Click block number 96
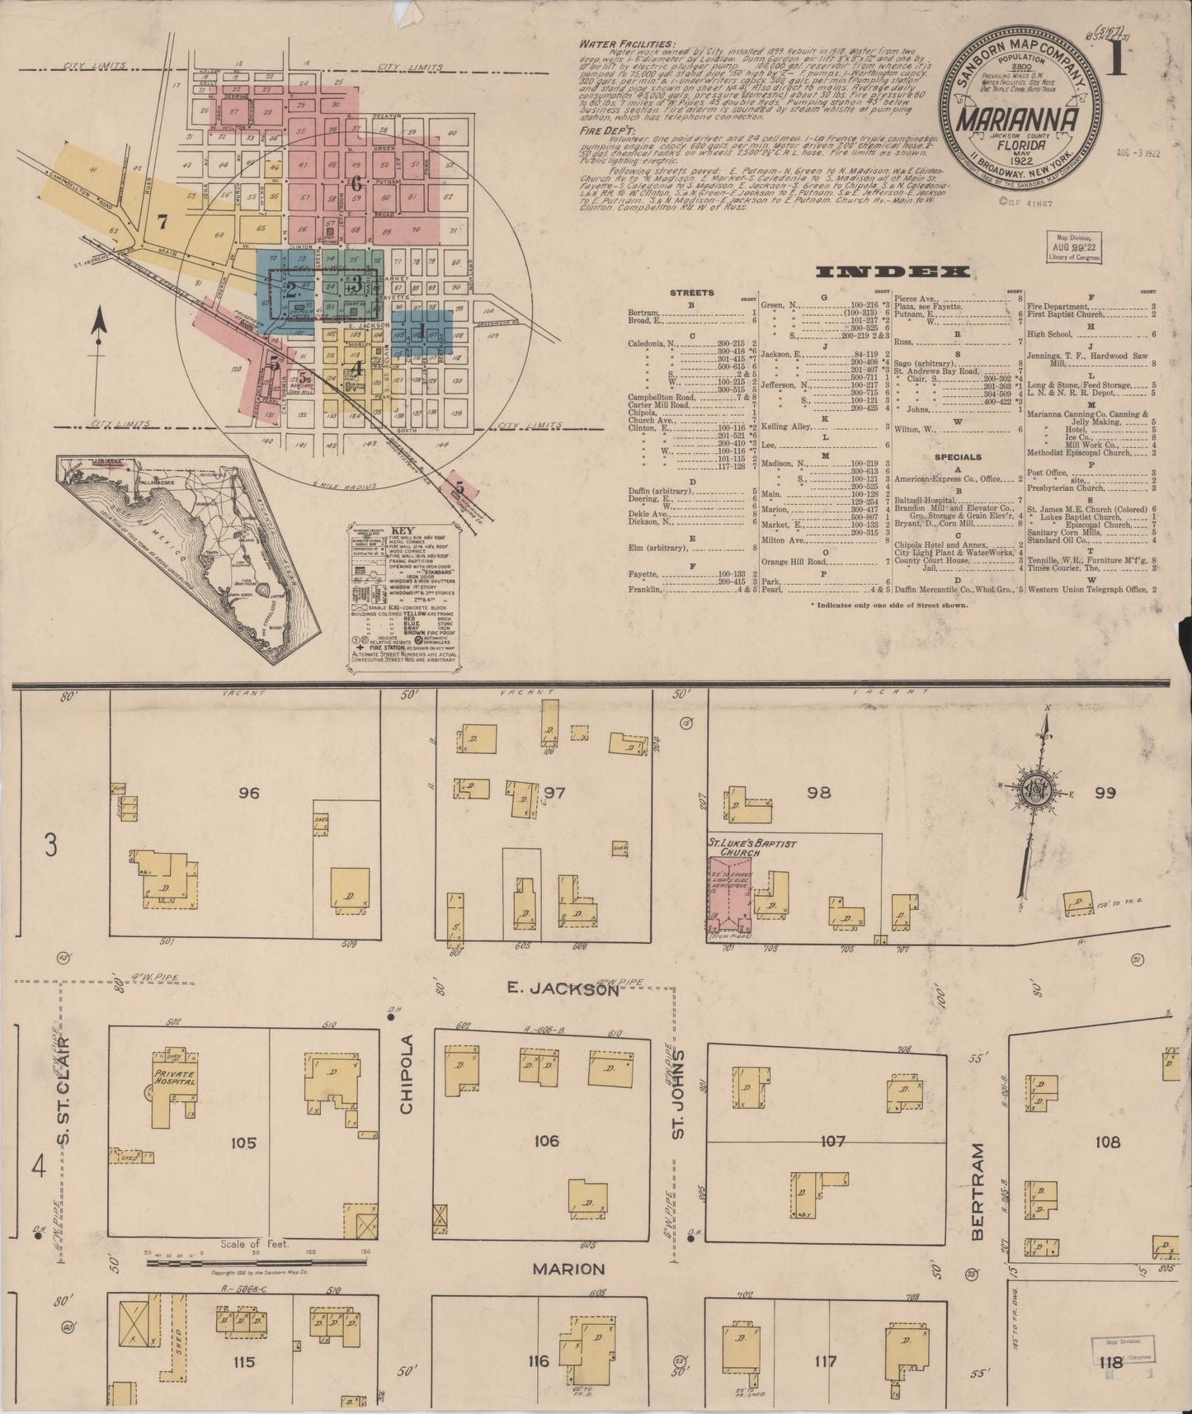248,793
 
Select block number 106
547,1141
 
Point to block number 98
818,793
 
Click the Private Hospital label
172,1077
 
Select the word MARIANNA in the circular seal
1019,120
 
